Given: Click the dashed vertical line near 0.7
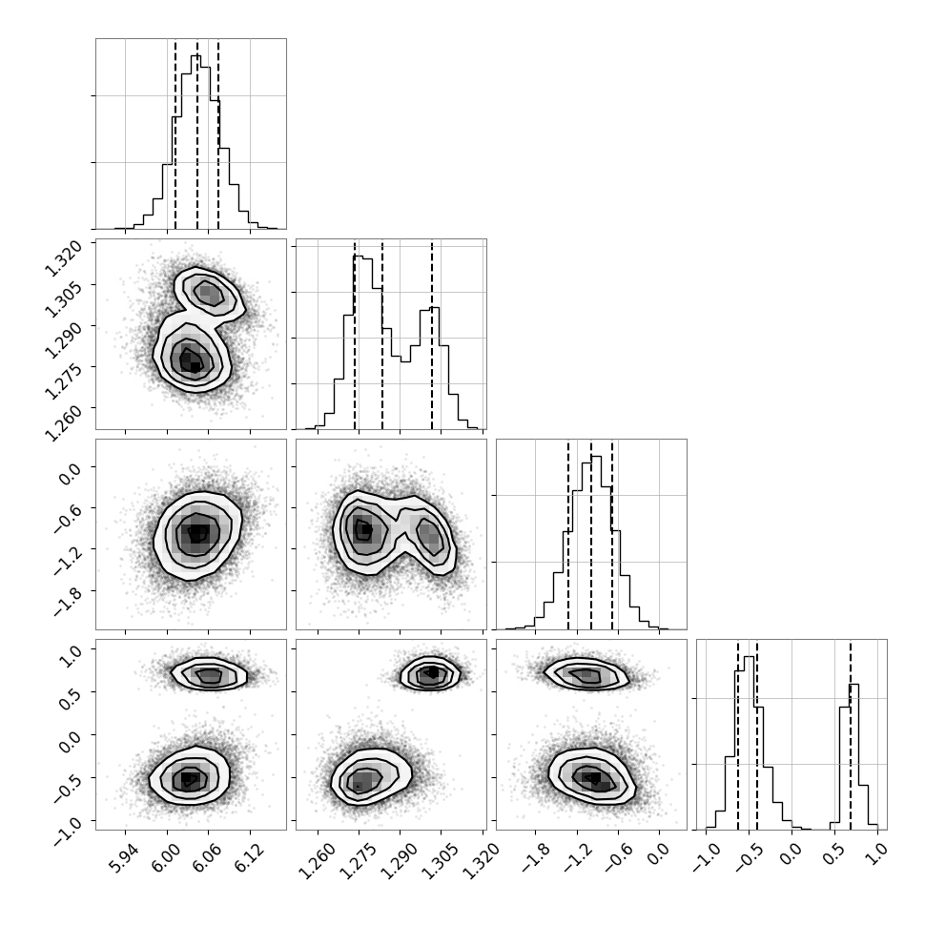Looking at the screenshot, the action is [850, 734].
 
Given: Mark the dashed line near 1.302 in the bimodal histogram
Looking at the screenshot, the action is [432, 334].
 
